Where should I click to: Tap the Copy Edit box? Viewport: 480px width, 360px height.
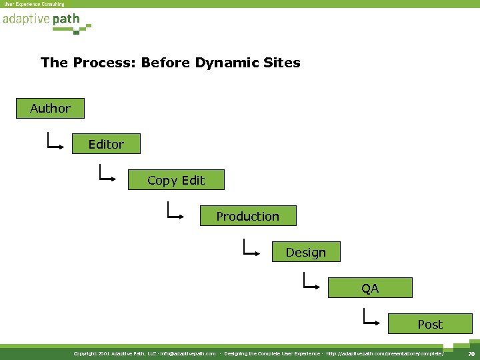pyautogui.click(x=176, y=180)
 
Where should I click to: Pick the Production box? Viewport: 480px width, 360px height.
pyautogui.click(x=247, y=216)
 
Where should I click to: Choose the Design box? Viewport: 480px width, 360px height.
pyautogui.click(x=306, y=252)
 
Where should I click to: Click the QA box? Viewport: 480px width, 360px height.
pyautogui.click(x=370, y=288)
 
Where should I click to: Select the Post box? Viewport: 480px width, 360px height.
pyautogui.click(x=429, y=324)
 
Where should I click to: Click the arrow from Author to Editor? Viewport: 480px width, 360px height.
pyautogui.click(x=55, y=141)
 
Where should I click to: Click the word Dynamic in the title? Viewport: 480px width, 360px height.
pyautogui.click(x=224, y=63)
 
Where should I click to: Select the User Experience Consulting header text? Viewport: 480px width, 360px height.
pyautogui.click(x=34, y=4)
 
